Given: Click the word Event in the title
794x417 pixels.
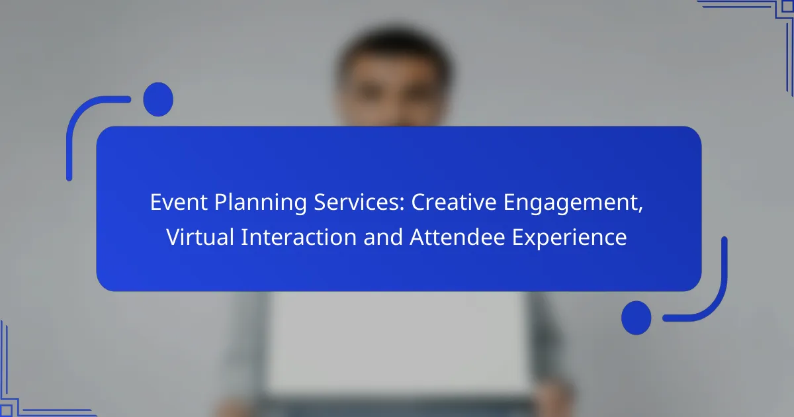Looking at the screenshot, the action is (179, 202).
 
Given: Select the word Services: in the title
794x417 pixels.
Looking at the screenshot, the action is (359, 202).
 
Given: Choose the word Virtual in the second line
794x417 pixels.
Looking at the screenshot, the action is (200, 237).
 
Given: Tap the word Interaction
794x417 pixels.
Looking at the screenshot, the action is (299, 237).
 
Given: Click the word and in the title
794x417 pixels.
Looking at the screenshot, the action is (383, 237).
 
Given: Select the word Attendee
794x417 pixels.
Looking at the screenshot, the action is (457, 237).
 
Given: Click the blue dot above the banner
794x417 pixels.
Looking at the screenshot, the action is (158, 99).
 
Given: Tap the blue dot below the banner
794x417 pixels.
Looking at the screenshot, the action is (637, 318).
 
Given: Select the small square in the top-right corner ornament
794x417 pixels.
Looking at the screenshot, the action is (787, 7).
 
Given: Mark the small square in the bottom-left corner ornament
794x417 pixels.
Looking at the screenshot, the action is (6, 410).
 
